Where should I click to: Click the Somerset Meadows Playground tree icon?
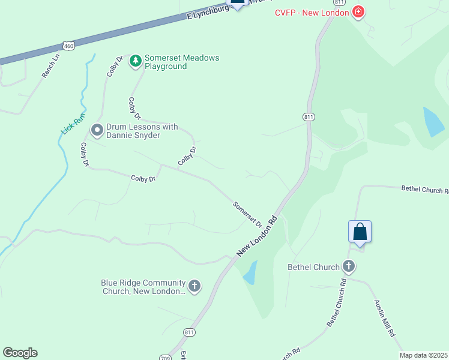point(136,61)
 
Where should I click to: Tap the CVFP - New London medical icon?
point(358,11)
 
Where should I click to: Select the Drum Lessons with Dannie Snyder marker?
point(97,130)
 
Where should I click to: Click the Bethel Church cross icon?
point(349,266)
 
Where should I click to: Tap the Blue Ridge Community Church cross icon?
point(194,286)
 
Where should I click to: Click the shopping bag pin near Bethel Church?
point(360,232)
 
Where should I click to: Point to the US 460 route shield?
point(69,46)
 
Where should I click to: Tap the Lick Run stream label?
point(74,124)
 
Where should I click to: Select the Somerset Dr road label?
point(248,214)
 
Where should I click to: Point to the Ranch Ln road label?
point(52,66)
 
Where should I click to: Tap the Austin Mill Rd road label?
point(384,318)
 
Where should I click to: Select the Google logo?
point(20,353)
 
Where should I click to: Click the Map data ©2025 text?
point(423,355)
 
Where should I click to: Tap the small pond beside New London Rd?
point(250,272)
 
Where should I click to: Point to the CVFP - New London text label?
point(312,12)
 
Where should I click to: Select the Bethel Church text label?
point(313,267)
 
